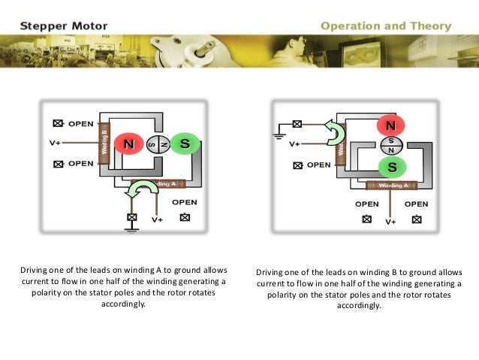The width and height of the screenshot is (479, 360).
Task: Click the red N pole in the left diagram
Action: point(128,143)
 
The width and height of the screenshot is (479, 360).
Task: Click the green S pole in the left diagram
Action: point(185,143)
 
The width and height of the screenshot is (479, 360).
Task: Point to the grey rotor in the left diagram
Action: point(157,144)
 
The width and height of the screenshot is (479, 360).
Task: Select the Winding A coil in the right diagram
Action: point(393,185)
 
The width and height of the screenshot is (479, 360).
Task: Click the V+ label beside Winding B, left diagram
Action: point(56,142)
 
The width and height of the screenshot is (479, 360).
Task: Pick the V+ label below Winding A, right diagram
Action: point(391,222)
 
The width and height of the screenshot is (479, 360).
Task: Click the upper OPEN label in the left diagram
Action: point(80,123)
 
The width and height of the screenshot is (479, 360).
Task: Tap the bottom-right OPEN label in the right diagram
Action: point(416,204)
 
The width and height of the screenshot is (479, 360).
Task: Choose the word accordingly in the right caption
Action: point(360,305)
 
